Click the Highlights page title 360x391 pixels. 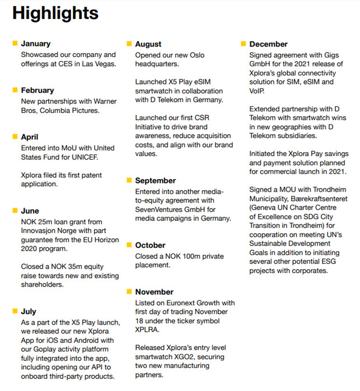click(55, 13)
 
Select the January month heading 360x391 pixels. click(36, 44)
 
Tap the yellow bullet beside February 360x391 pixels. click(15, 90)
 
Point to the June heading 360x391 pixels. click(30, 211)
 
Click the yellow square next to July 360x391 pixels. click(15, 312)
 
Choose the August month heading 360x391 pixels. click(148, 44)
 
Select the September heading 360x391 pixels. click(156, 181)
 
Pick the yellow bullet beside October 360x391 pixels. click(129, 246)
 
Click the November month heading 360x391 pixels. click(155, 292)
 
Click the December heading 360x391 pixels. click(269, 44)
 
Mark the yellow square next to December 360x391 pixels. click(244, 44)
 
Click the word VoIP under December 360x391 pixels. click(258, 91)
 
